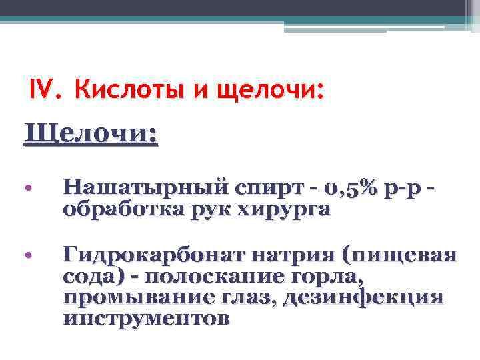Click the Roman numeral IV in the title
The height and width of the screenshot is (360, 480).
tap(45, 87)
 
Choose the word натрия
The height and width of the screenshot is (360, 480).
tap(293, 255)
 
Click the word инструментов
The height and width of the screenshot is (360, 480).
tap(147, 319)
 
